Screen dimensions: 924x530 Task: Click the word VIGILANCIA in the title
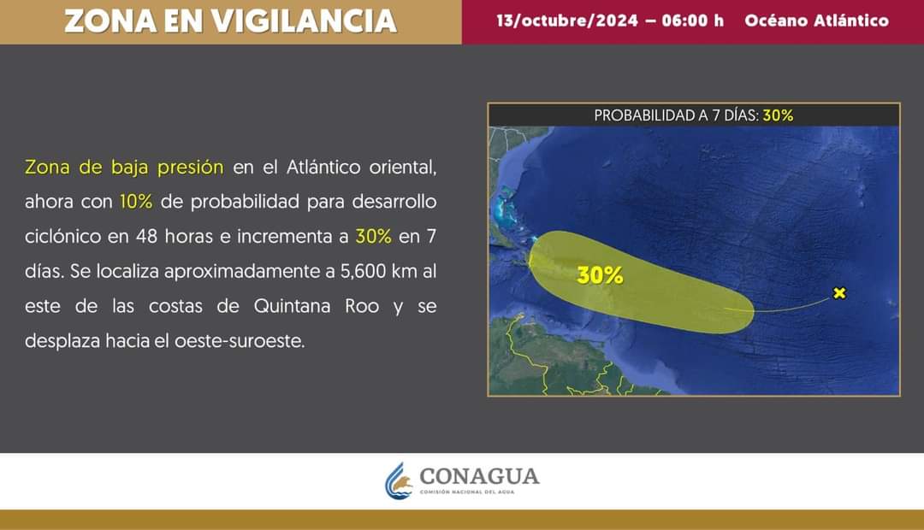[304, 21]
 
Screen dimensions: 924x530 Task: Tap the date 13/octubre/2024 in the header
[567, 21]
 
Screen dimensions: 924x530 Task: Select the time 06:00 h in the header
[692, 21]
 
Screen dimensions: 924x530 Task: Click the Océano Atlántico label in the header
[816, 21]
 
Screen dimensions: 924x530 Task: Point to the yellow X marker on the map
[839, 292]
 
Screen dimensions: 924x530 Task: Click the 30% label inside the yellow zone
[600, 275]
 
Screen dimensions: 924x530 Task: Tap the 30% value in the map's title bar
[778, 115]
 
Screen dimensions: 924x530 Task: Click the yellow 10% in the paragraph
[136, 202]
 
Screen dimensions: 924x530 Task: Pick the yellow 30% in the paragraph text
[374, 236]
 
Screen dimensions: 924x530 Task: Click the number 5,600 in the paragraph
[363, 272]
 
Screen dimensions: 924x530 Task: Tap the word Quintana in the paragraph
[292, 306]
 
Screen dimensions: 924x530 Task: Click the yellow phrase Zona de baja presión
[124, 168]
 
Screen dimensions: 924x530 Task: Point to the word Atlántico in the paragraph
[323, 168]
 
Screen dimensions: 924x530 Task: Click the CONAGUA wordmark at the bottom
[479, 476]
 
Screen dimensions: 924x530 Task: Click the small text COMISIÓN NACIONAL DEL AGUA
[467, 492]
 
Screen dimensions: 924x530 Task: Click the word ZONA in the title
[110, 21]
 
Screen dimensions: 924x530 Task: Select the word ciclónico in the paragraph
[62, 236]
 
